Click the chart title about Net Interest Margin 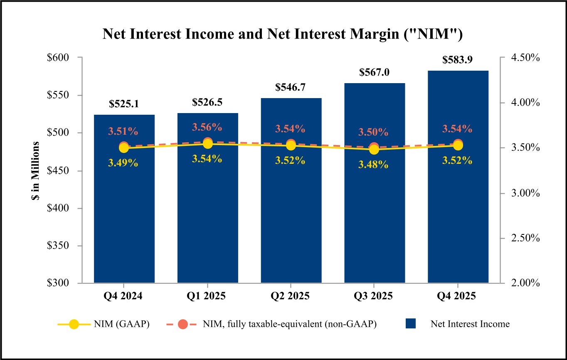point(283,35)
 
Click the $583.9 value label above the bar point(458,60)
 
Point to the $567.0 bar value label point(374,72)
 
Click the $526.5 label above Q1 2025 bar point(207,102)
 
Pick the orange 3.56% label point(207,127)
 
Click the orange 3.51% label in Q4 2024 point(123,131)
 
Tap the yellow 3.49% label point(123,163)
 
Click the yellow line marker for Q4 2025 point(458,145)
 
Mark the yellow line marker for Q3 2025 point(374,150)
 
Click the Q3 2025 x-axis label point(374,296)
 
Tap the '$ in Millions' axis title point(36,171)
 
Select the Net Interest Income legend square point(411,324)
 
